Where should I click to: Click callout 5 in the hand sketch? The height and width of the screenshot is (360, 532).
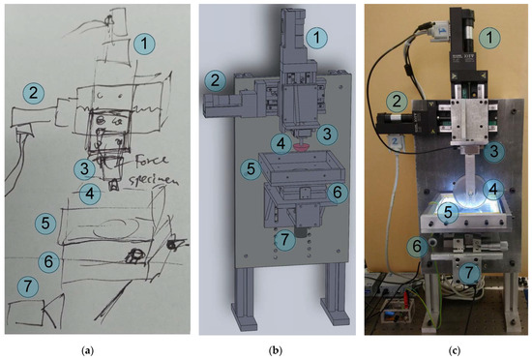pos(44,222)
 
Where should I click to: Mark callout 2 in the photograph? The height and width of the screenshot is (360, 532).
pos(396,100)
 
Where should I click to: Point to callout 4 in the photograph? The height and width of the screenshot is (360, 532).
pos(492,189)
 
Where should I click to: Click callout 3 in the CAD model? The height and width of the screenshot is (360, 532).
pos(328,133)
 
